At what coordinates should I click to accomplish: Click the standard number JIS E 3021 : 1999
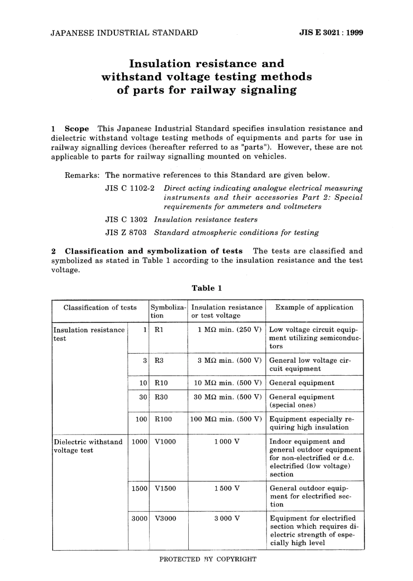331,33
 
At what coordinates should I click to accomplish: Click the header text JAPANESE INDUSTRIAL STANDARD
124,33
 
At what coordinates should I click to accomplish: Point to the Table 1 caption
207,288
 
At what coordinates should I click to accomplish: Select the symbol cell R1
159,330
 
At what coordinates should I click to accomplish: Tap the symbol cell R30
161,397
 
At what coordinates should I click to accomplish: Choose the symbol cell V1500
165,488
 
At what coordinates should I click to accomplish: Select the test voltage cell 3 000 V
227,518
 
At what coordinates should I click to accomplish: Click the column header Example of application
314,307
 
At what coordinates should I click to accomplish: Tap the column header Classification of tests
100,307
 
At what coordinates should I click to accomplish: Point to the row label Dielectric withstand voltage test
88,446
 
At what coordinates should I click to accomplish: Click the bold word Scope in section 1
77,129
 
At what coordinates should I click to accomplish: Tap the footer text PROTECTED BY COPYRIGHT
208,559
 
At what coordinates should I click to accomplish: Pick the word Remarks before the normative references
82,175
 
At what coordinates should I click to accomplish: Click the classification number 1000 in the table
139,442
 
